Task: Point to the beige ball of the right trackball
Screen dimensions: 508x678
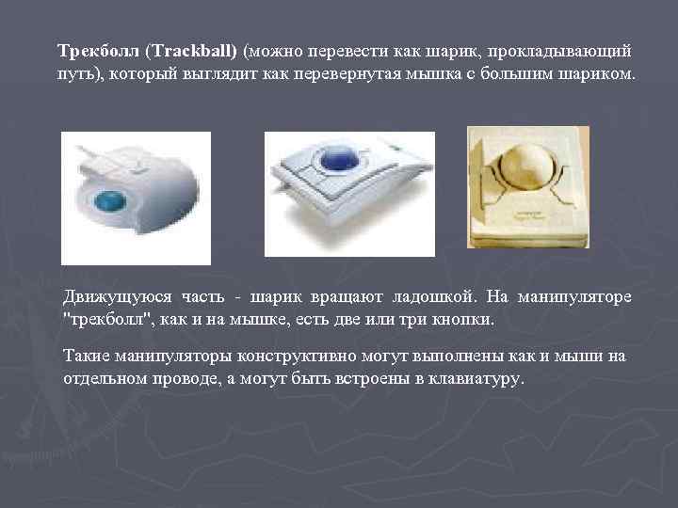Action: (x=529, y=167)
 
